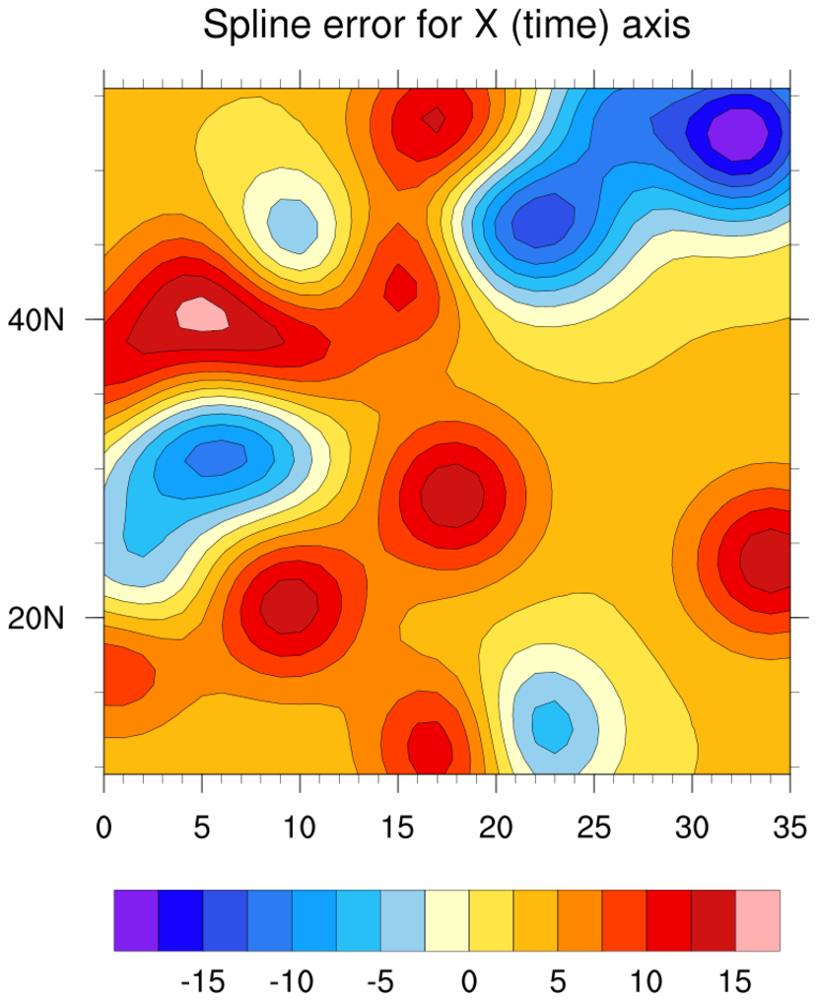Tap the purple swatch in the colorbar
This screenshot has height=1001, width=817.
click(x=136, y=920)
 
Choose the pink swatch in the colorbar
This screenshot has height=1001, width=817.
click(x=757, y=920)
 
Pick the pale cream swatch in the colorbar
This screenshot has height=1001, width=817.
click(x=446, y=920)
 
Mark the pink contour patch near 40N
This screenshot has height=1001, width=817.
click(x=202, y=314)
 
